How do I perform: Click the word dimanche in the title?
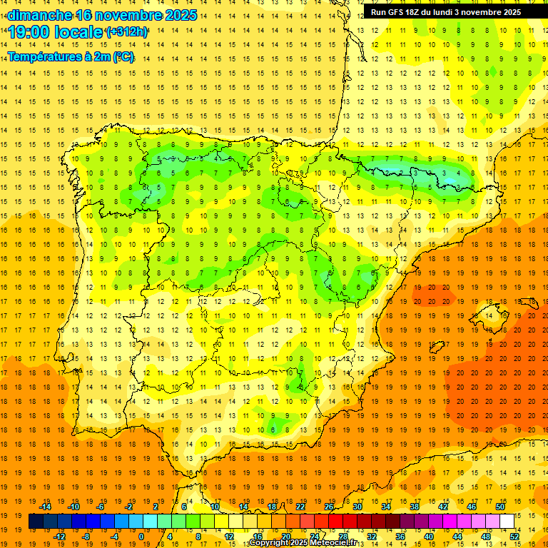(x=40, y=15)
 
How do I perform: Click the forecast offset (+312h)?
(x=126, y=32)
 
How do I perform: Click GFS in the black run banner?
(x=399, y=11)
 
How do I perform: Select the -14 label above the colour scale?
(x=46, y=507)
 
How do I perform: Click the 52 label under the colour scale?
(x=515, y=537)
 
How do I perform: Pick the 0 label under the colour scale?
(x=141, y=537)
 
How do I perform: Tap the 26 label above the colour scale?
(x=329, y=507)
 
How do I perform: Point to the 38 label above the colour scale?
(x=414, y=507)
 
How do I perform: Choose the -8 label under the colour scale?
(x=86, y=537)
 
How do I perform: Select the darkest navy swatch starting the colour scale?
(x=36, y=522)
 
